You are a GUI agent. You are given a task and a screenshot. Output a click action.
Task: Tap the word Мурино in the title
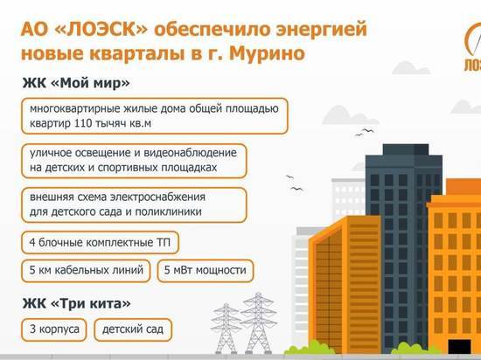pyautogui.click(x=267, y=53)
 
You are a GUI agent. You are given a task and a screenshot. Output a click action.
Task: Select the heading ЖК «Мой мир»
pyautogui.click(x=76, y=83)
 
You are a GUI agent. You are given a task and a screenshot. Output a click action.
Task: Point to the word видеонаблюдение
pyautogui.click(x=190, y=153)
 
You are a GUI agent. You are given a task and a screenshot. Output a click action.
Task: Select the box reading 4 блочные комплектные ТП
pyautogui.click(x=100, y=243)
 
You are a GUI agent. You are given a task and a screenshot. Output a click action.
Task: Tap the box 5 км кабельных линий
pyautogui.click(x=86, y=271)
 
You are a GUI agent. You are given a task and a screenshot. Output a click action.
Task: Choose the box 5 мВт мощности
pyautogui.click(x=206, y=271)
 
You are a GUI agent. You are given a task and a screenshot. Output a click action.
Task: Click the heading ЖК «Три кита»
pyautogui.click(x=76, y=303)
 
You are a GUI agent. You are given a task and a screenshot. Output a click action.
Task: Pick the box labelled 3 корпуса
pyautogui.click(x=54, y=329)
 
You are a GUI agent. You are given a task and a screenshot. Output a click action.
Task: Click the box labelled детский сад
pyautogui.click(x=133, y=329)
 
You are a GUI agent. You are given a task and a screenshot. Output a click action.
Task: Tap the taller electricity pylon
pyautogui.click(x=258, y=323)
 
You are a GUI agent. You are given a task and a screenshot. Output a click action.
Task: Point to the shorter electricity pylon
pyautogui.click(x=226, y=329)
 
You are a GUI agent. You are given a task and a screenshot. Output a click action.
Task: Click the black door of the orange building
pyautogui.click(x=459, y=346)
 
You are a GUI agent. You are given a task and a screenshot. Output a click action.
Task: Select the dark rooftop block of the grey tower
pyautogui.click(x=406, y=149)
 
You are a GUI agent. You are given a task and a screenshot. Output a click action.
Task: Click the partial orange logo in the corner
pyautogui.click(x=473, y=47)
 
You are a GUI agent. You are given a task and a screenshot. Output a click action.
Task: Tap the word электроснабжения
pyautogui.click(x=157, y=197)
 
